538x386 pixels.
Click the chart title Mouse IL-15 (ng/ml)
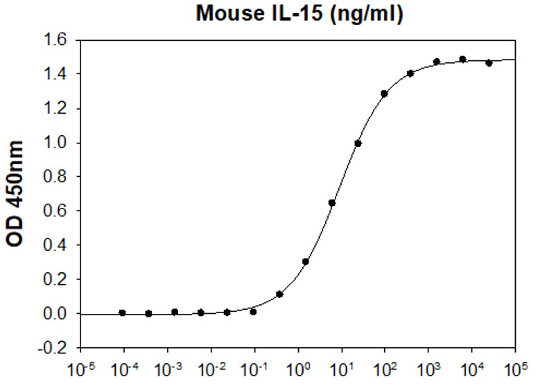pos(299,13)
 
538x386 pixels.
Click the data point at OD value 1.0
pos(358,143)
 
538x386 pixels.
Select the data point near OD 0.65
pos(332,203)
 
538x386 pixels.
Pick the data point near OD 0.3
pos(306,262)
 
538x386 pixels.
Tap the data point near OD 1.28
pos(384,94)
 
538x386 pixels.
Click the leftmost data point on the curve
pos(123,313)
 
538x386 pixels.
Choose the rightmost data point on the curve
pos(489,63)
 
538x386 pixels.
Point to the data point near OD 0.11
pos(279,295)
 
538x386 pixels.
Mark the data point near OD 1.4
pos(410,73)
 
